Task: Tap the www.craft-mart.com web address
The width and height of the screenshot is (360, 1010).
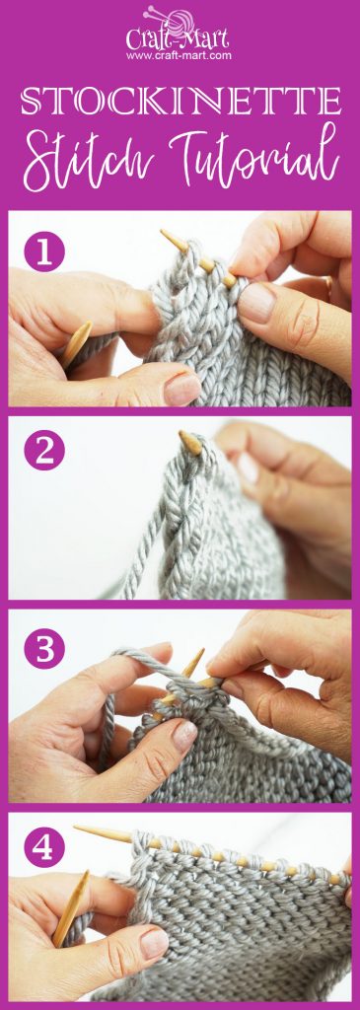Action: tap(179, 55)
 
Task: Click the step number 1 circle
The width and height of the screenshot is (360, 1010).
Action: tap(44, 251)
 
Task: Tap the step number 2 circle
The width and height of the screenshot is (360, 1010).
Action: tap(44, 451)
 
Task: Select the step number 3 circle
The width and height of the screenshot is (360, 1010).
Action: tap(44, 650)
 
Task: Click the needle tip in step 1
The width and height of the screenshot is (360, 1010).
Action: tap(166, 237)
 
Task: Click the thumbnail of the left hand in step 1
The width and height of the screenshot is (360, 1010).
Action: tap(182, 388)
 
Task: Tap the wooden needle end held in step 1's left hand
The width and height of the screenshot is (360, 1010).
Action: tap(77, 341)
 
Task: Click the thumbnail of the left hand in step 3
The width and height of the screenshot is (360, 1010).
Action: tap(184, 734)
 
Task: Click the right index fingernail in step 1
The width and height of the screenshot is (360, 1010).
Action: tap(257, 302)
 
